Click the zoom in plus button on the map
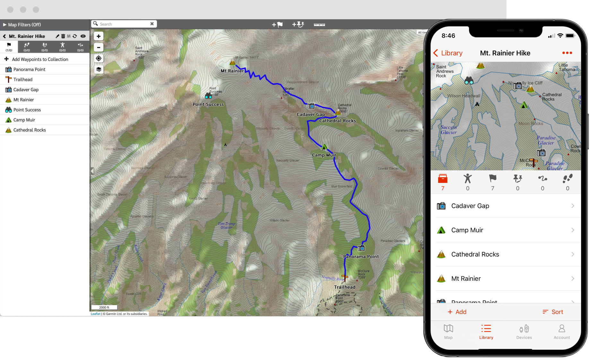pos(99,36)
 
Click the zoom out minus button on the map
pos(99,47)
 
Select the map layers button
pos(99,69)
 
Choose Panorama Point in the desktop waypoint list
pos(29,69)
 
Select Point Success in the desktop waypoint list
pos(27,110)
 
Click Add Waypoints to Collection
pos(40,59)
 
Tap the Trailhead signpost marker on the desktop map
pos(345,278)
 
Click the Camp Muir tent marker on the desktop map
pos(325,147)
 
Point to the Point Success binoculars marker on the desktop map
pos(208,96)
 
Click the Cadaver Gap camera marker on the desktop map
pos(311,106)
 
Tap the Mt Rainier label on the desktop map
pos(232,71)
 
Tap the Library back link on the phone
pos(448,53)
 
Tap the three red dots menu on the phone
pos(567,53)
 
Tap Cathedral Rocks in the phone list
pos(475,254)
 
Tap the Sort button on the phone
pos(553,312)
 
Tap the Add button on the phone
pos(457,312)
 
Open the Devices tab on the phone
pos(524,331)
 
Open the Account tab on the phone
pos(561,331)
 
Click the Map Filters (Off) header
pos(24,25)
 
